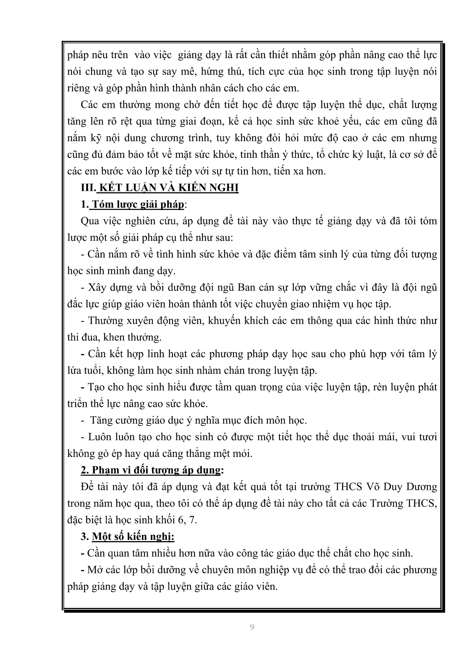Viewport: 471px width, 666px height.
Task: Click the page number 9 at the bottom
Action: (252, 627)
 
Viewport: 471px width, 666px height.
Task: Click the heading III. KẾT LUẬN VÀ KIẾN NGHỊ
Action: (160, 188)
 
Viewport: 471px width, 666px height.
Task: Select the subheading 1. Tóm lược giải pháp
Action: (133, 204)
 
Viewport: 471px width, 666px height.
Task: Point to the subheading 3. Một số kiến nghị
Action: (128, 537)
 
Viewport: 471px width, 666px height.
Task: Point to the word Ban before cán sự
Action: (246, 288)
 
